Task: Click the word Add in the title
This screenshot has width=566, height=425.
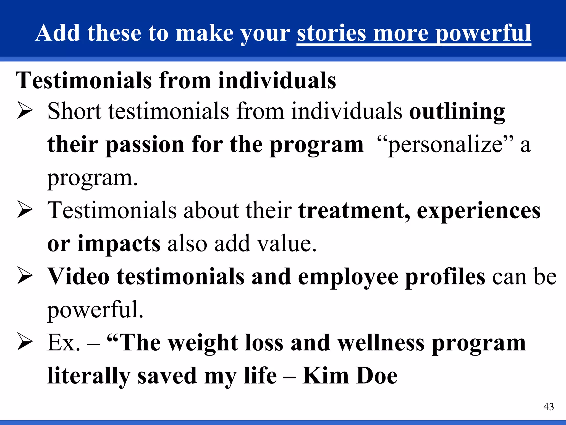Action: click(58, 33)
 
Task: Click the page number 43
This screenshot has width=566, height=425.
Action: click(548, 407)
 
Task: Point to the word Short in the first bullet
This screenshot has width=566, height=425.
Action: click(74, 111)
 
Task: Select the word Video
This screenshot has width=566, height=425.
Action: click(78, 276)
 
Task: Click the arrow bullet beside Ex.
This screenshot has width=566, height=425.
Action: click(25, 343)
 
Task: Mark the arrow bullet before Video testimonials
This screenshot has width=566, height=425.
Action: click(25, 276)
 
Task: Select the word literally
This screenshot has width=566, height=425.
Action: click(89, 376)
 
